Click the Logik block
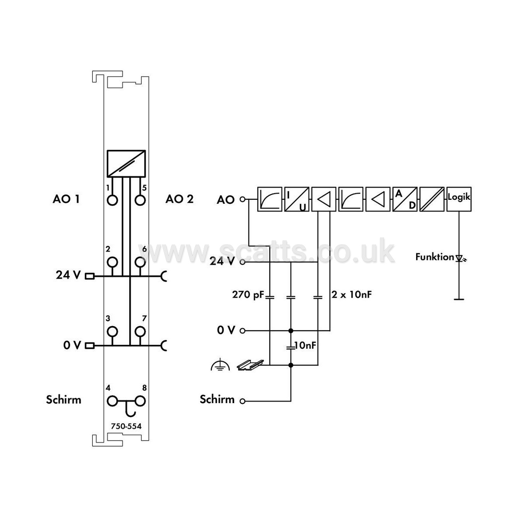click(x=459, y=199)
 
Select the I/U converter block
click(x=297, y=199)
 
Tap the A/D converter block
click(x=405, y=199)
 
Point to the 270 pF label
click(x=248, y=294)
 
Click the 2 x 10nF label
click(x=352, y=294)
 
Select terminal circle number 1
click(x=113, y=200)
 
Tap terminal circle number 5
click(x=141, y=200)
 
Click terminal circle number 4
click(x=112, y=401)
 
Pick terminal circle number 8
click(x=141, y=401)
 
